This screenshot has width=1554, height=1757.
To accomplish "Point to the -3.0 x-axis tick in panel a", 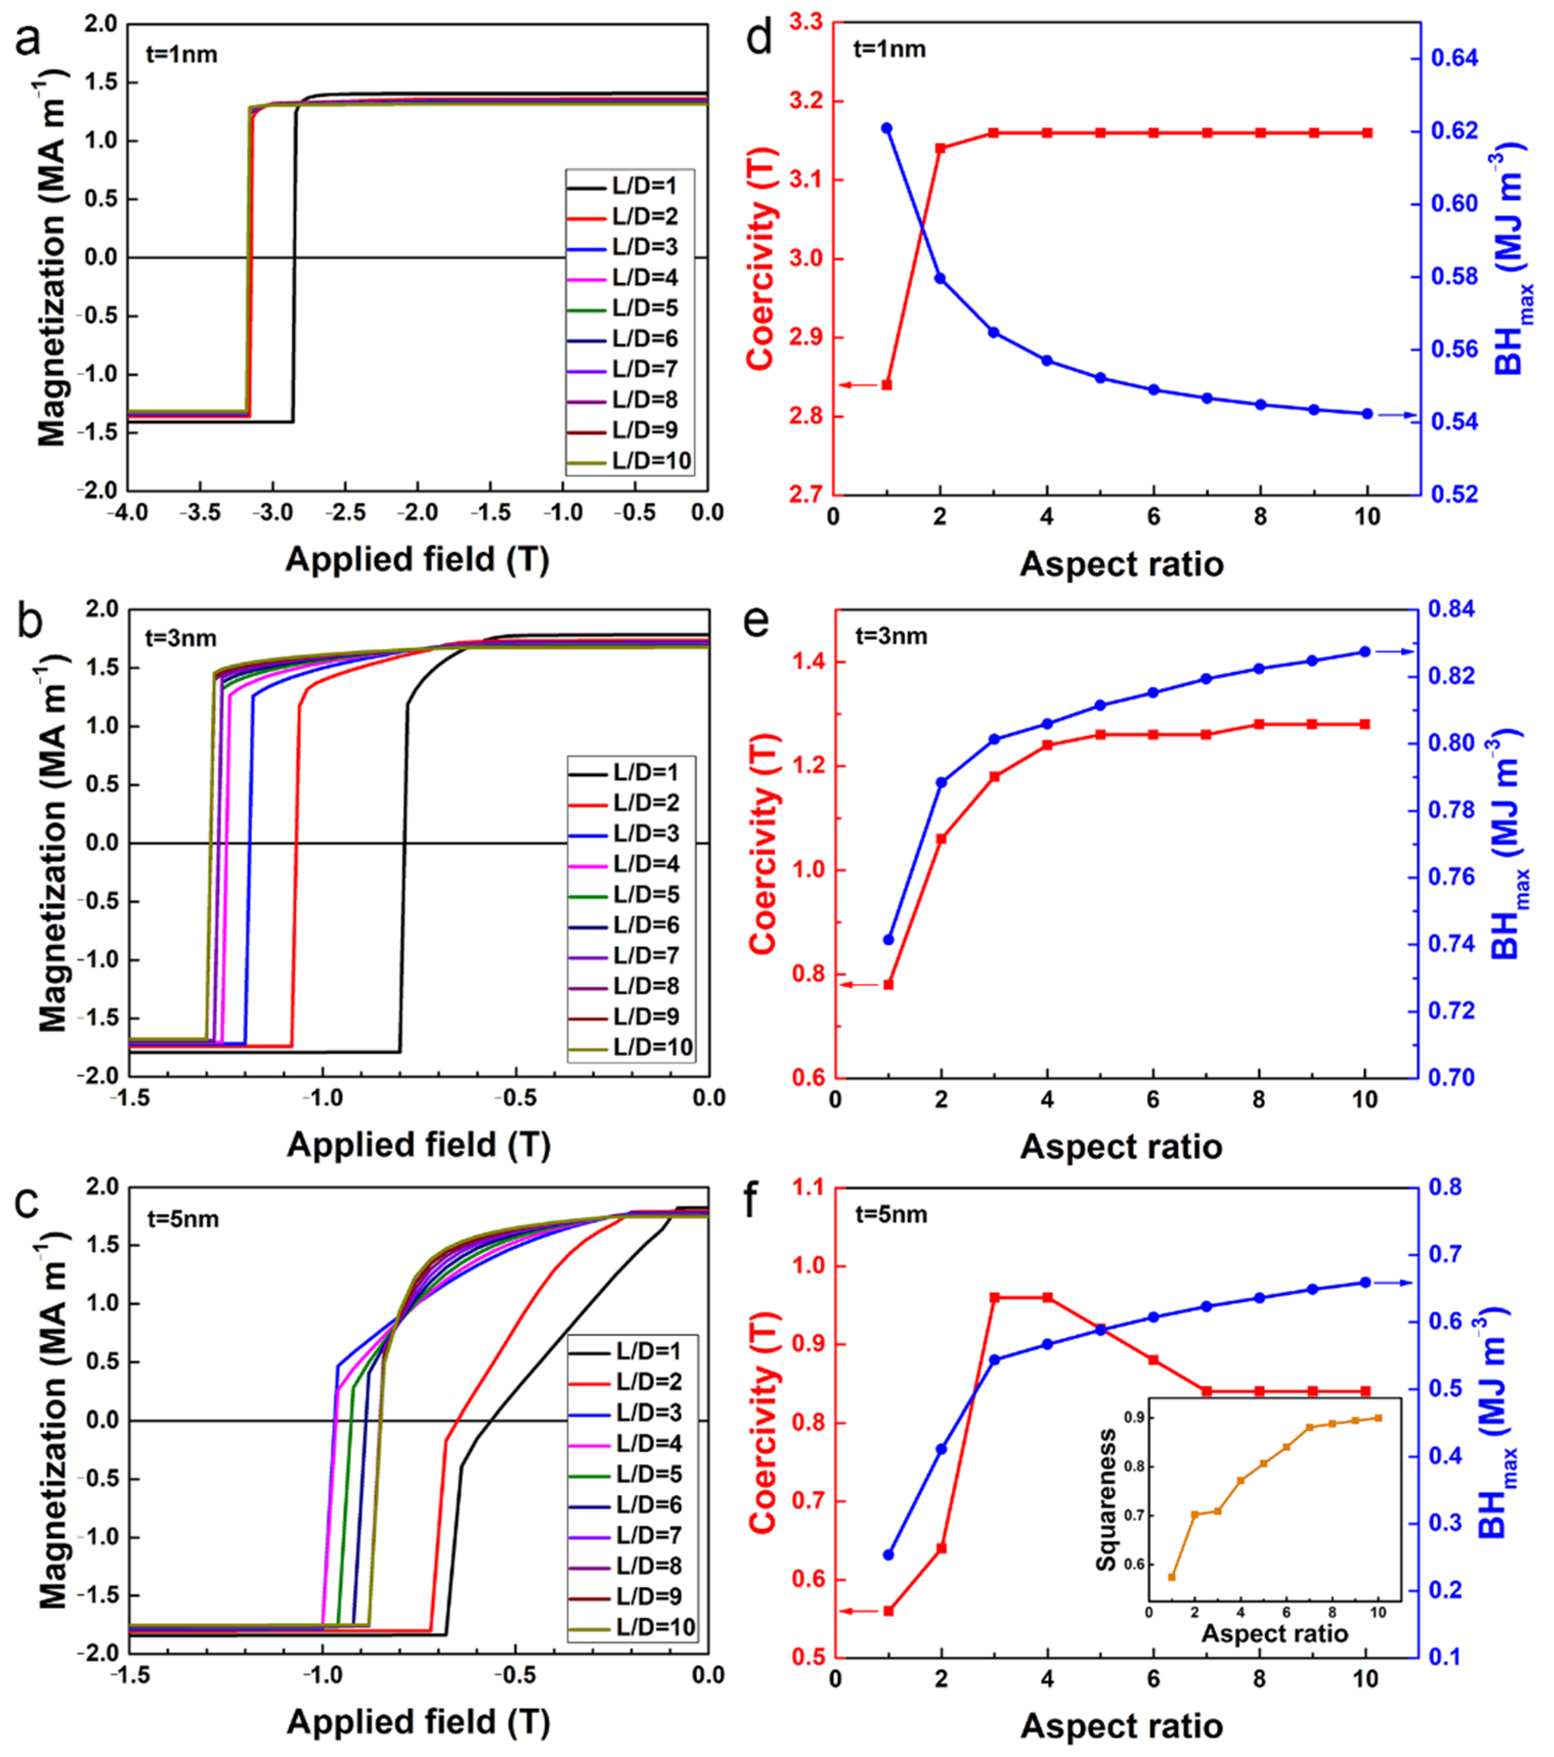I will pyautogui.click(x=273, y=513).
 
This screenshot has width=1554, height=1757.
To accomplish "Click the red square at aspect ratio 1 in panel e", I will pyautogui.click(x=889, y=984).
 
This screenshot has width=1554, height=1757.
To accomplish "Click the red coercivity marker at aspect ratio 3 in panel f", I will pyautogui.click(x=994, y=1298).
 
